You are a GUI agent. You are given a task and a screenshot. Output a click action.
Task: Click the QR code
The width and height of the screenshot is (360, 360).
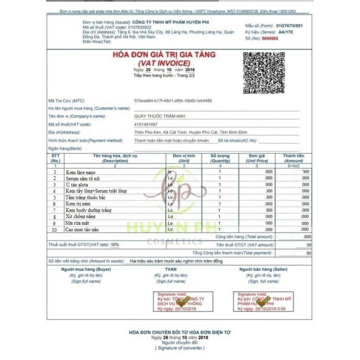coord(264,73)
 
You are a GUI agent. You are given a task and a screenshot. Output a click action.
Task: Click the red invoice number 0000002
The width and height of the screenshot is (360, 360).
coord(270,38)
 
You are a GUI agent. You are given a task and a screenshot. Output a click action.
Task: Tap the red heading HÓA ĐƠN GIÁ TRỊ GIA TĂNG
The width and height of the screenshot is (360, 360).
coord(164,55)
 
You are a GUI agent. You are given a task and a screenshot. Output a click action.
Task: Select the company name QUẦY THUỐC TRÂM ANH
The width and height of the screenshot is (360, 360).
coord(159,116)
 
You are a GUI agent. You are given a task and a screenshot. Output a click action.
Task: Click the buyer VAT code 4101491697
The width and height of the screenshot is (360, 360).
coord(146,124)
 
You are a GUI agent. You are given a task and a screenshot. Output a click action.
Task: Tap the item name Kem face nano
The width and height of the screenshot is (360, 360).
coord(80,172)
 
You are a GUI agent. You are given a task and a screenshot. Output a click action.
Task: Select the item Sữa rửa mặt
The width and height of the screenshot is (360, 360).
coord(77,223)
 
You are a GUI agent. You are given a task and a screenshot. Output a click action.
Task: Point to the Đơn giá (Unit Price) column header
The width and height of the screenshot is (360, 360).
coord(256,158)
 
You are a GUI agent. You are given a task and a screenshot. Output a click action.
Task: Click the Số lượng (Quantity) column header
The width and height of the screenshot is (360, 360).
coord(220,158)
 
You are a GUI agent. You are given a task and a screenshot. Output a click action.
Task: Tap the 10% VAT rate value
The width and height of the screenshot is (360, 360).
coord(115,245)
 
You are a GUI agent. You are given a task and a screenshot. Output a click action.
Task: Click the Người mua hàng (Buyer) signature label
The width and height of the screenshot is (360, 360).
coord(86,269)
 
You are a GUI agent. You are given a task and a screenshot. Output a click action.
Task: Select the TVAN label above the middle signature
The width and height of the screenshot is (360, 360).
coord(171,269)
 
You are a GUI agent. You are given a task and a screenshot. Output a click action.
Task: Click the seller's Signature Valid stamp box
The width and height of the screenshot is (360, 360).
coord(263,302)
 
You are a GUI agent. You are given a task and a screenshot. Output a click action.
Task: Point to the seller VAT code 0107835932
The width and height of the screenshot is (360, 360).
coord(140,27)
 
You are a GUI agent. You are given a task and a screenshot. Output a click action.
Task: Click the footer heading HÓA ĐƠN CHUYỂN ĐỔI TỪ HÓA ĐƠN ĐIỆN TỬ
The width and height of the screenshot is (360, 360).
coord(179,333)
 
